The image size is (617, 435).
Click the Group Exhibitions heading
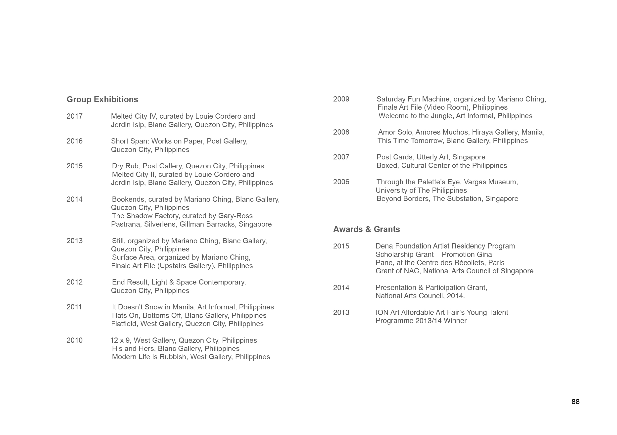click(102, 99)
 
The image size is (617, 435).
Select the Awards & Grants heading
click(366, 229)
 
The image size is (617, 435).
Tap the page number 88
click(575, 401)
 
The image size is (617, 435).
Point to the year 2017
click(74, 116)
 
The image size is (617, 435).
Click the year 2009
click(341, 99)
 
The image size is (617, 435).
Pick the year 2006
click(341, 182)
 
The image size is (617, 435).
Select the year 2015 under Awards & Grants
click(341, 246)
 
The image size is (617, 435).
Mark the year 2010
click(74, 340)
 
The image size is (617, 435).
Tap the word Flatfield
click(124, 324)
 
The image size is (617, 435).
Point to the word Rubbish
click(173, 357)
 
